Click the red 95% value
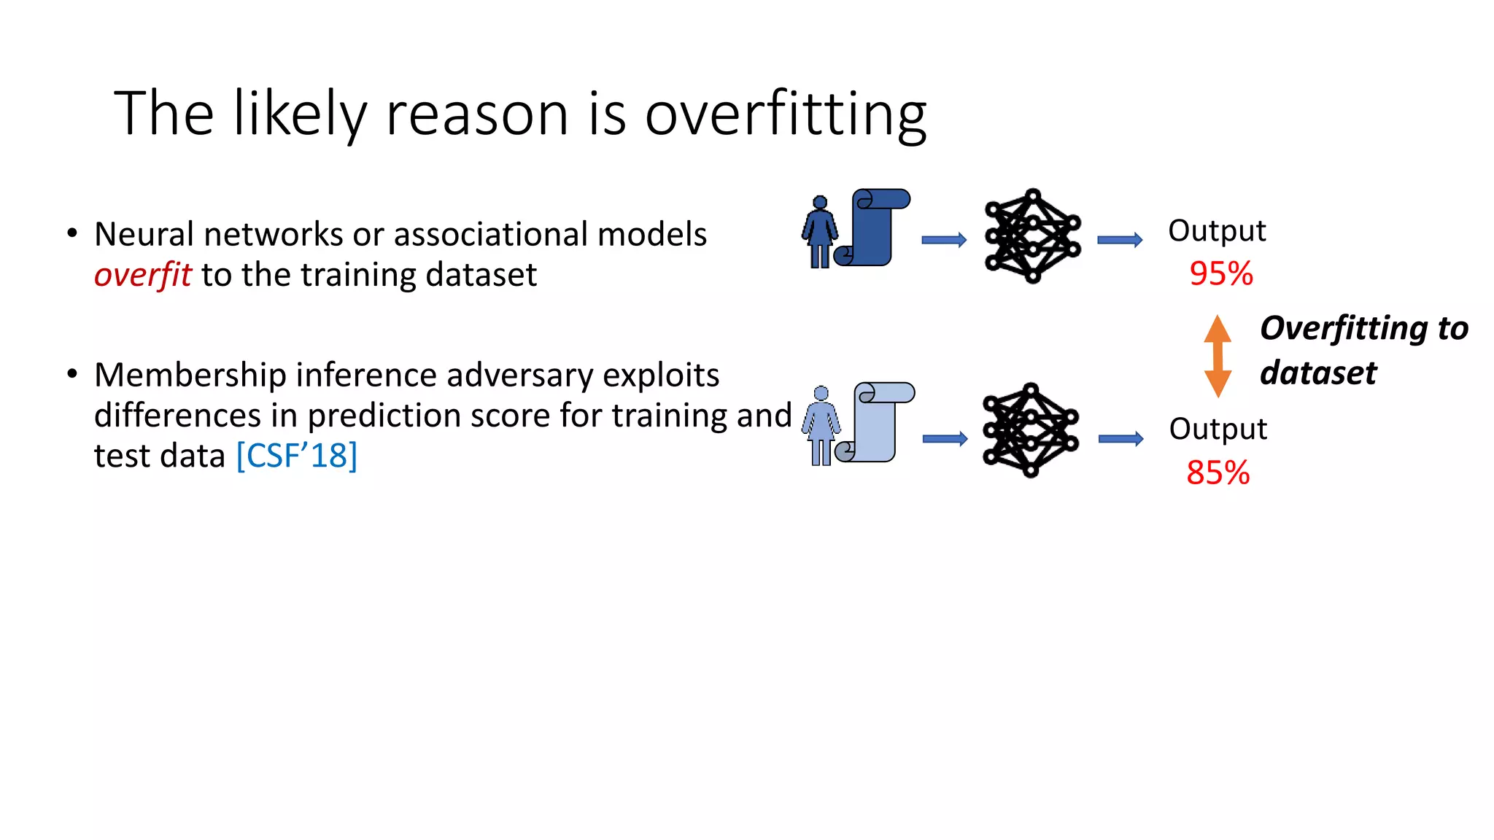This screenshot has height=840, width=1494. click(1220, 274)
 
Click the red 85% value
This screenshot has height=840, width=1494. click(1218, 472)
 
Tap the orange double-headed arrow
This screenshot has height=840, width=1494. click(1217, 356)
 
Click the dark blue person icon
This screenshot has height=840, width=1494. click(820, 232)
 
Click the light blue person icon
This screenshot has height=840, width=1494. click(821, 426)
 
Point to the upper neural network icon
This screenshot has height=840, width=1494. click(1032, 236)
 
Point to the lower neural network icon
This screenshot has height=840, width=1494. click(1030, 430)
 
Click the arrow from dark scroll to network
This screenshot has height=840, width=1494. click(944, 240)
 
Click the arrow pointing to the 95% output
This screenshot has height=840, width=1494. click(1120, 240)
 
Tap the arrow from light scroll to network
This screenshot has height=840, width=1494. click(945, 438)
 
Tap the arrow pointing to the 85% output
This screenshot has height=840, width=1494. click(1120, 438)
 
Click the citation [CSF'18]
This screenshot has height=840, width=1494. click(296, 456)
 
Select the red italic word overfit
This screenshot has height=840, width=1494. click(142, 275)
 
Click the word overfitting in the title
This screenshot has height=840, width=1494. click(785, 115)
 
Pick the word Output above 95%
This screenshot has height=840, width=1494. click(1217, 230)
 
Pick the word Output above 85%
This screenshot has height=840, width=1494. click(1218, 429)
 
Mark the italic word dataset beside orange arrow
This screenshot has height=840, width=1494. click(1317, 373)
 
